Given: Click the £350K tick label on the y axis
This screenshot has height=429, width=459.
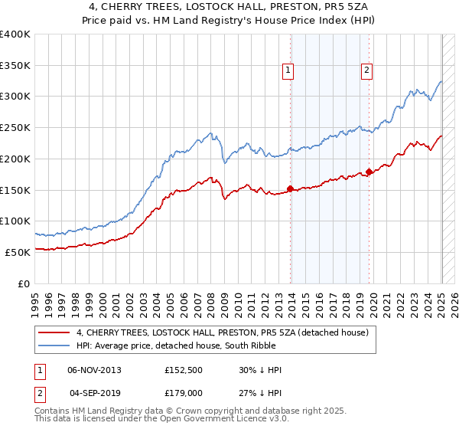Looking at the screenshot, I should coord(15,66).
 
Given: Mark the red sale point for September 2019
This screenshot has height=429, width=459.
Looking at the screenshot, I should coord(369,172).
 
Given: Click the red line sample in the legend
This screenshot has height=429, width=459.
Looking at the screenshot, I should coord(55,332).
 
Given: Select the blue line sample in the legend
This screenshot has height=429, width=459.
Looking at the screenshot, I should coord(55,345).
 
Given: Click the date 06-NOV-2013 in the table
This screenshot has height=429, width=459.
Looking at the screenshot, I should coord(94,370).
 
